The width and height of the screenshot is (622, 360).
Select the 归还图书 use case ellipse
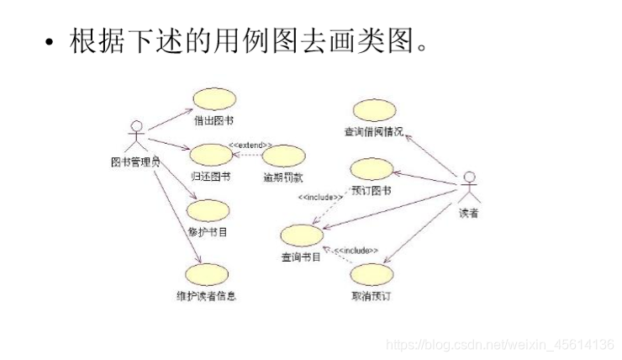pos(210,156)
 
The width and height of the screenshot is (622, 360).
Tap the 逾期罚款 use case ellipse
pos(282,156)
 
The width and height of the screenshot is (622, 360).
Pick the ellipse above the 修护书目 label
pos(208,210)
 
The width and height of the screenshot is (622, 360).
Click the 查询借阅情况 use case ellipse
pos(373,111)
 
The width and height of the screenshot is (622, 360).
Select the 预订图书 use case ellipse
pos(371,169)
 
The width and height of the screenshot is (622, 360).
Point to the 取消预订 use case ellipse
pos(372,275)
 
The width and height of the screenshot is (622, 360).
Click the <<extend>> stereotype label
pos(250,146)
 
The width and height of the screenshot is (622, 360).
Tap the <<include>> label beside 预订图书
pos(319,198)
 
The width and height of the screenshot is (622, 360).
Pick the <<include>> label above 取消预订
pos(356,251)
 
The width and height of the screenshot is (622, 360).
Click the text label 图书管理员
pos(134,161)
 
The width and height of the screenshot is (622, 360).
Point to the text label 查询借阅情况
pos(373,132)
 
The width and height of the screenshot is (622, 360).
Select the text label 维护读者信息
pos(206,295)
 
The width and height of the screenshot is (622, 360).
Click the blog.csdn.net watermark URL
pos(499,345)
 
